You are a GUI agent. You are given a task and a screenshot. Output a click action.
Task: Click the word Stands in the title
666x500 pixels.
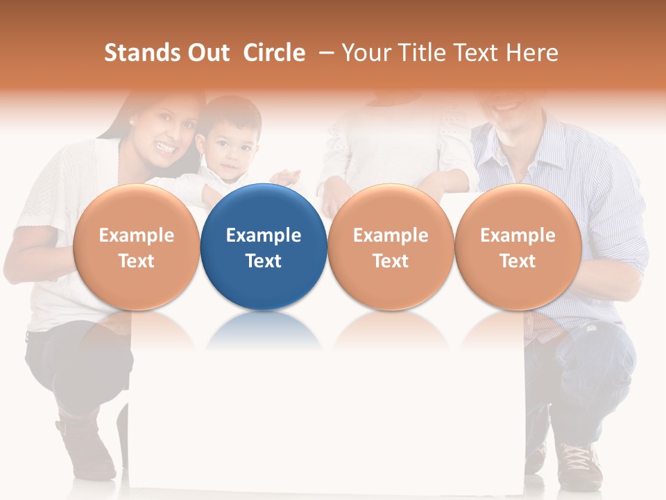point(142,53)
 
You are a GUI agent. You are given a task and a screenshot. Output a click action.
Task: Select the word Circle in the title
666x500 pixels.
point(274,53)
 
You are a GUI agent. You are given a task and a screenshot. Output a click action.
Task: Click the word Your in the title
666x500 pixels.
point(365,53)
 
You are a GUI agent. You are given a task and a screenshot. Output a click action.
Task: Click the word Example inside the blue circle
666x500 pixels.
point(264,235)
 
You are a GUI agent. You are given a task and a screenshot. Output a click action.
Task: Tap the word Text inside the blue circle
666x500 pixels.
point(264,261)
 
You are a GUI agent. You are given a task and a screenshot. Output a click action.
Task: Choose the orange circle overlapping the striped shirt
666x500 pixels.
point(518,247)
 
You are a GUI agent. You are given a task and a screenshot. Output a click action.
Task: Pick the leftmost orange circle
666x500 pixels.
point(136,247)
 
